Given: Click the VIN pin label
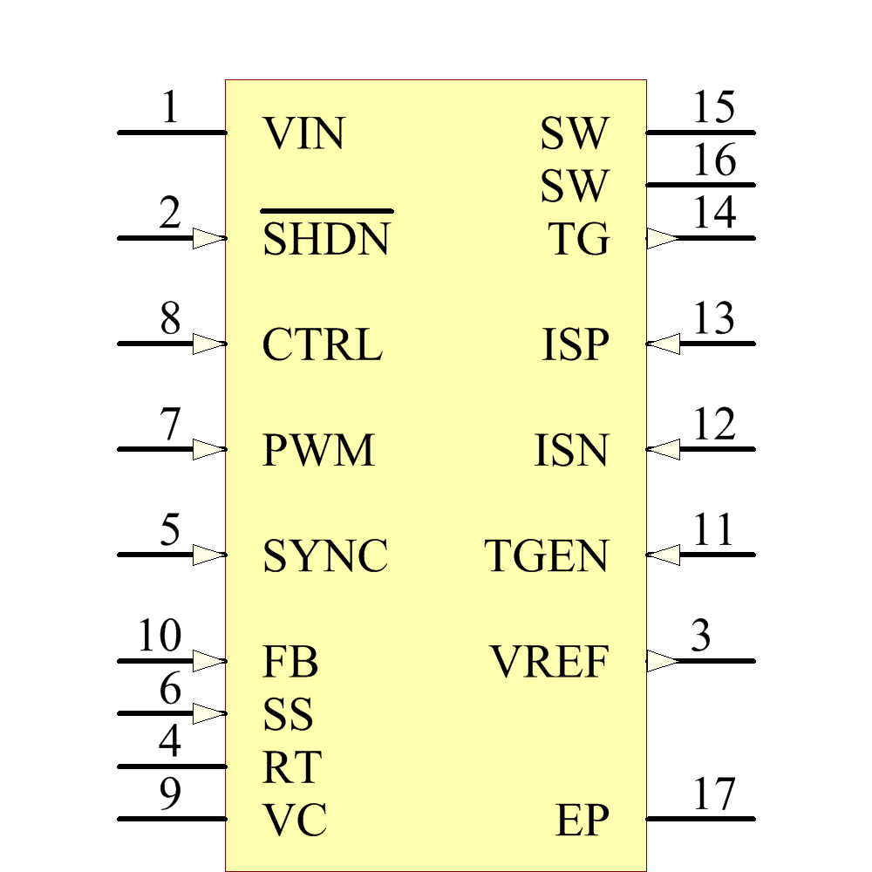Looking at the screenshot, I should [304, 134].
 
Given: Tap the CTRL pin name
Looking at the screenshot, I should [322, 345].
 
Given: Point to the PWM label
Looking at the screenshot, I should [318, 451].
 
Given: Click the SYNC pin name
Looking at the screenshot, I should [325, 556].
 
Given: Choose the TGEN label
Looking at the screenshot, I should [547, 556].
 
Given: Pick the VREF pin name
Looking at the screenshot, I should [549, 663].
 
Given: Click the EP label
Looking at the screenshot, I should [582, 821].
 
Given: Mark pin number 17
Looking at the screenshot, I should [714, 794].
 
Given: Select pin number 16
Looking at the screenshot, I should [714, 161].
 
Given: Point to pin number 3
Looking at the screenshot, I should [700, 637].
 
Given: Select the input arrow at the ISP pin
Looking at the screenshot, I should [664, 344].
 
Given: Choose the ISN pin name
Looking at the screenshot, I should [571, 451].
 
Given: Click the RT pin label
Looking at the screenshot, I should [292, 768].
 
